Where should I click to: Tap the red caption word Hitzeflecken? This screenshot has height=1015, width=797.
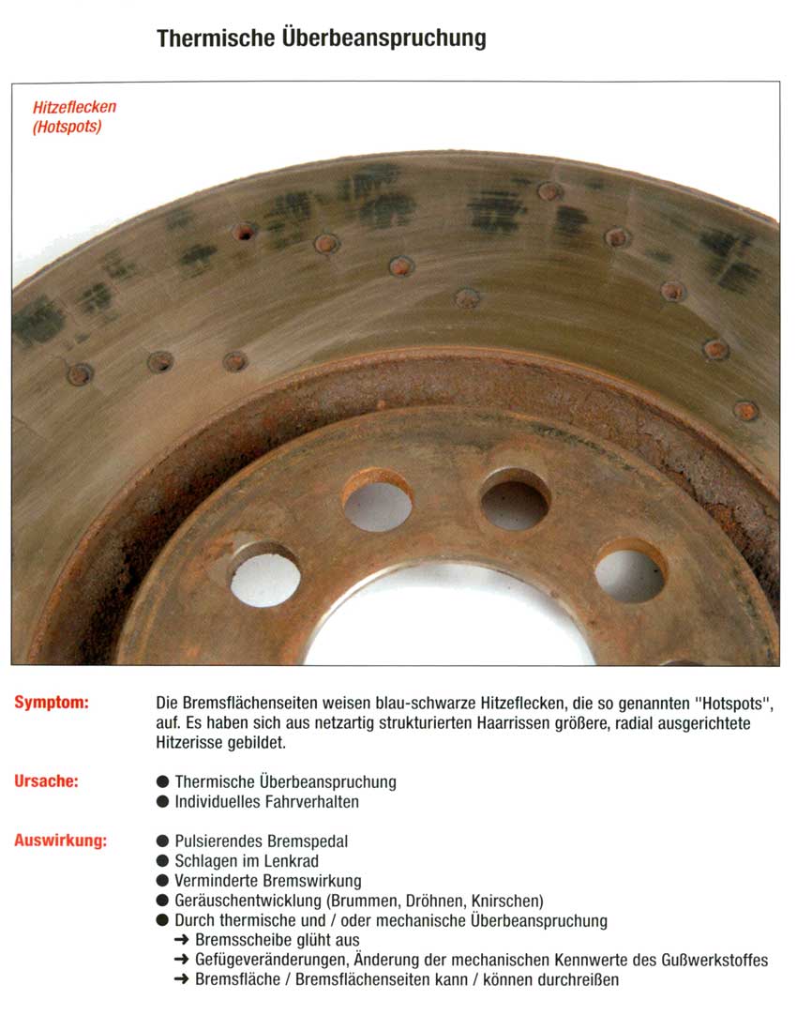(x=75, y=108)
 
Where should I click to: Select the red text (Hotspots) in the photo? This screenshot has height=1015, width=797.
(x=68, y=127)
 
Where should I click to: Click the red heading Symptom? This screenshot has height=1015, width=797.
(x=52, y=703)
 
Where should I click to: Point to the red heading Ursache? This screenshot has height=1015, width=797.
(x=46, y=780)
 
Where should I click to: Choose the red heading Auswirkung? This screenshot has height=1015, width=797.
(x=60, y=841)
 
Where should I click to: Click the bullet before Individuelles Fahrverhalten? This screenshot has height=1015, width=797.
(x=163, y=802)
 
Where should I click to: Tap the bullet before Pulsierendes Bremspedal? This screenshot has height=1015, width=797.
(x=163, y=841)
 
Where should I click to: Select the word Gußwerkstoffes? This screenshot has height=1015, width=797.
(x=713, y=961)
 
